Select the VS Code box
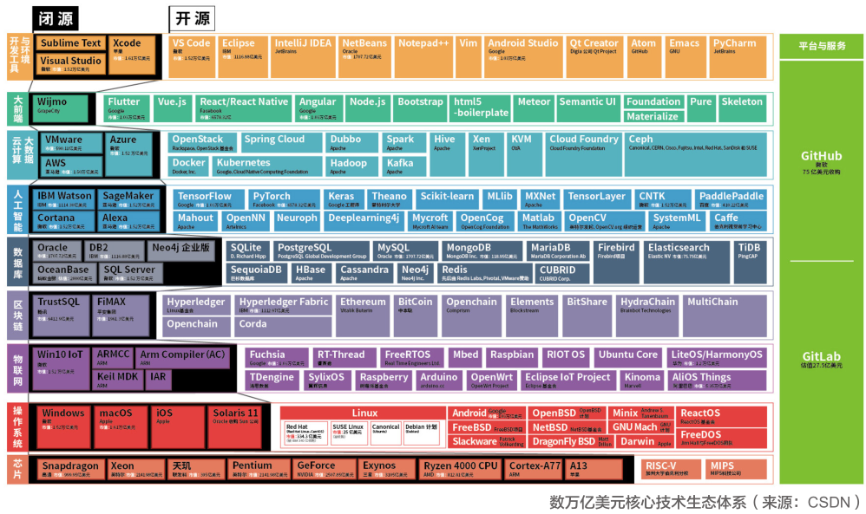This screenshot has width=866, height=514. pos(190,48)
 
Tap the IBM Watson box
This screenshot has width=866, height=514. pos(63,200)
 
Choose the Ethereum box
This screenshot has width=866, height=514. pos(364,306)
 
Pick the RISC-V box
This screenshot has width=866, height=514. pos(669,469)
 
